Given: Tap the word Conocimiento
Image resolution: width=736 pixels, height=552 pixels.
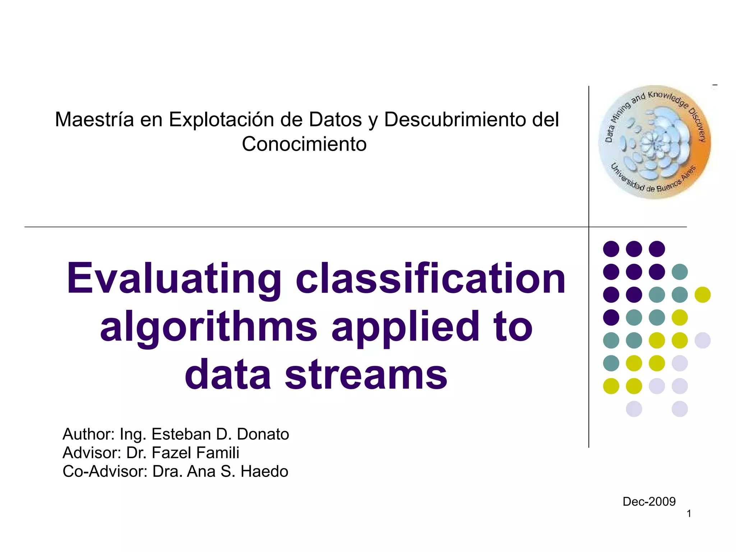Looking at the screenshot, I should [x=304, y=144].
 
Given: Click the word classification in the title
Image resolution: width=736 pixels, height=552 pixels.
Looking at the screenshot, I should [x=431, y=279].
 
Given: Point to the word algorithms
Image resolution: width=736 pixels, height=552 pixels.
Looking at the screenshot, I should [x=208, y=327].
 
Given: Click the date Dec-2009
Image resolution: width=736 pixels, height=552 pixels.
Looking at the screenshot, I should [x=649, y=501].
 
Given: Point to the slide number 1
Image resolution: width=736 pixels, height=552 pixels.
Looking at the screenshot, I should [x=689, y=514].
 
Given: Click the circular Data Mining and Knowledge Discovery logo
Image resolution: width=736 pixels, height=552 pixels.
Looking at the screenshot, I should [x=654, y=142].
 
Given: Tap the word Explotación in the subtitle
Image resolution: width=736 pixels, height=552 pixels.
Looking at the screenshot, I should [x=221, y=119].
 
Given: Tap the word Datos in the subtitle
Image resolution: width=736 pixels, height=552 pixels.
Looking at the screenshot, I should [x=335, y=119].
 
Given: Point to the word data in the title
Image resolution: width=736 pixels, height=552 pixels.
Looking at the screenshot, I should [x=227, y=374].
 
